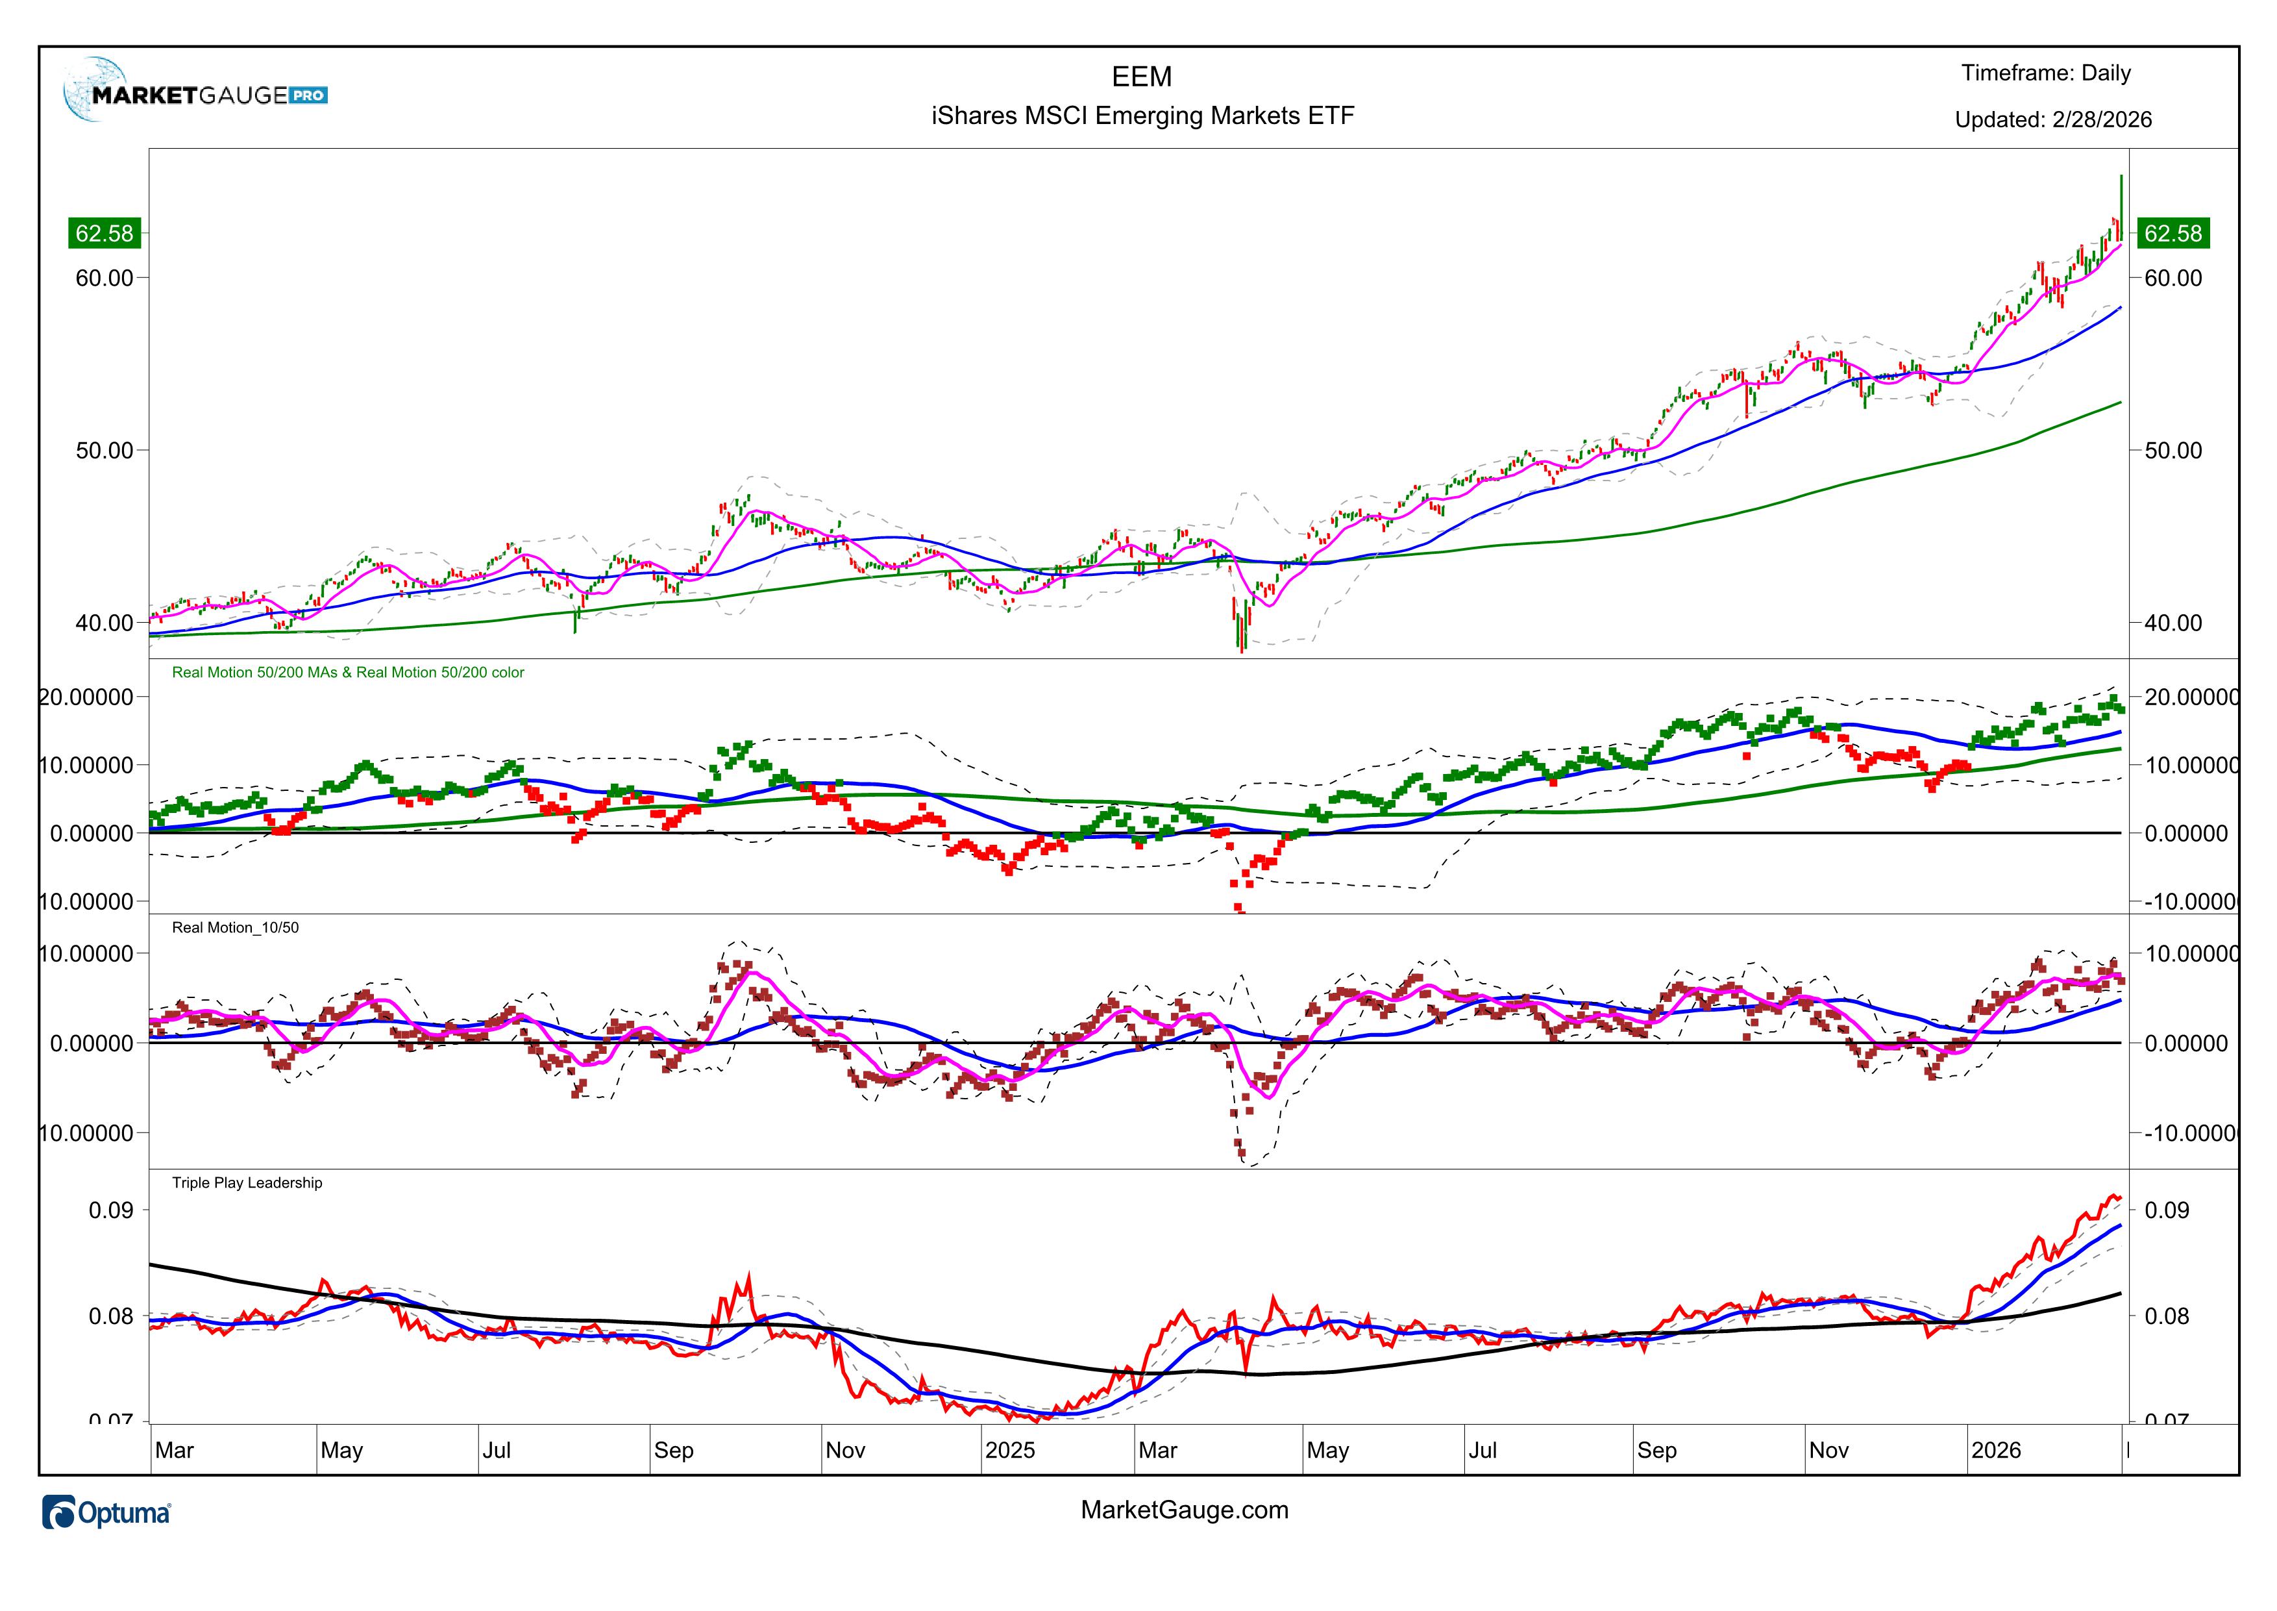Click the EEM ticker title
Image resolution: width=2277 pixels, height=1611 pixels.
[1142, 77]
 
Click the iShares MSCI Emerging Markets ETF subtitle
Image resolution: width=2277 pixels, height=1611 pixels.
[1142, 116]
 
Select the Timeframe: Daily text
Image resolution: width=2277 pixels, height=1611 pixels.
[2045, 73]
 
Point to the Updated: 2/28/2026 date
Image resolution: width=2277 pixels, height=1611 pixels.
[2052, 120]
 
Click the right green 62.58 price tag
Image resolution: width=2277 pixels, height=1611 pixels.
[2172, 233]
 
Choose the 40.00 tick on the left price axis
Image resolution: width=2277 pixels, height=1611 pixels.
[104, 623]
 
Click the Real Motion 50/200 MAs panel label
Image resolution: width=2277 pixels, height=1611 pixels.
[347, 673]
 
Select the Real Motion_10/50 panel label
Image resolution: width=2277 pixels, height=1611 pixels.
[235, 927]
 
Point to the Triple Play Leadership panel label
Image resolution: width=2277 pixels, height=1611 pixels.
[247, 1182]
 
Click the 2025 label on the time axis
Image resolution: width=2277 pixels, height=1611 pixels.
[1009, 1451]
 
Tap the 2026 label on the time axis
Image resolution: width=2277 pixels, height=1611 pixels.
[1995, 1451]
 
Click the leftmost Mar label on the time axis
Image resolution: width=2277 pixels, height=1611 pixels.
[175, 1451]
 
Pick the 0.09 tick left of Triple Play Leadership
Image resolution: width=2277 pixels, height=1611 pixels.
[110, 1210]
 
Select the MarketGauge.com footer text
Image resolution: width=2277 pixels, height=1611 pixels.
[1184, 1510]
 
